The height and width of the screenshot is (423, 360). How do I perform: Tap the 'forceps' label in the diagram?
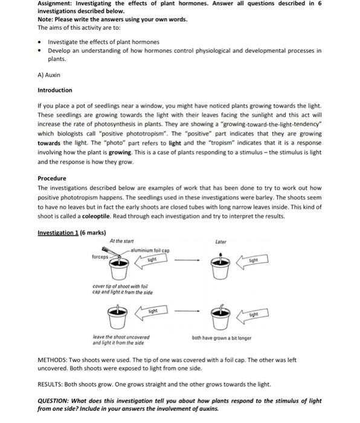click(x=100, y=256)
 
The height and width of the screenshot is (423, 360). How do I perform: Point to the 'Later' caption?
click(x=221, y=242)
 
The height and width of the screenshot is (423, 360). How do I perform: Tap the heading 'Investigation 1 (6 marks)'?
click(x=71, y=233)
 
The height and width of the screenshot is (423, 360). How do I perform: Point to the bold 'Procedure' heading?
click(x=52, y=178)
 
